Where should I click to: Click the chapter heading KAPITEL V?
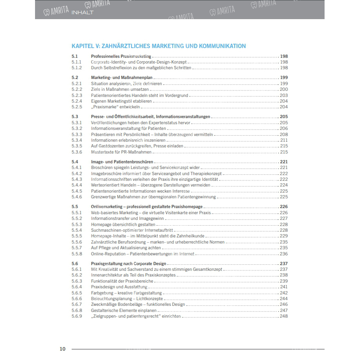[x=158, y=46]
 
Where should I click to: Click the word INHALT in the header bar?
[x=82, y=12]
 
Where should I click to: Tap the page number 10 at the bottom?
[x=62, y=349]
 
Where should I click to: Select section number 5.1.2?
[x=77, y=68]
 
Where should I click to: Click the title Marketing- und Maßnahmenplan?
[x=122, y=77]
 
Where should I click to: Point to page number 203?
[x=283, y=95]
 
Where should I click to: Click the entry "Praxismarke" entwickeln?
[x=116, y=107]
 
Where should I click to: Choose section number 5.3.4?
[x=77, y=140]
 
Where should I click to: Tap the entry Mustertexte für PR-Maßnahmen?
[x=121, y=152]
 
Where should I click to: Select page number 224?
[x=283, y=185]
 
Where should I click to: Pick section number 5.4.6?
[x=77, y=197]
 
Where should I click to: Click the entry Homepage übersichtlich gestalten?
[x=123, y=224]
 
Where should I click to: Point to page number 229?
[x=283, y=236]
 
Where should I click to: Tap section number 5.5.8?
[x=77, y=254]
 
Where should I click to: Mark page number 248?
[x=283, y=316]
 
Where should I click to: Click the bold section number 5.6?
[x=75, y=263]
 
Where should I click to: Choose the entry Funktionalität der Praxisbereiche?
[x=122, y=281]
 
